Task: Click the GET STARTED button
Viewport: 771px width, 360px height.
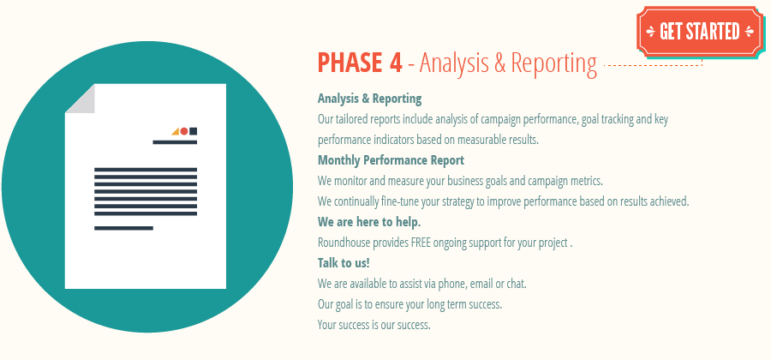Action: click(x=699, y=32)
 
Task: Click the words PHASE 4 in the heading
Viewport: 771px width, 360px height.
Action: click(x=359, y=63)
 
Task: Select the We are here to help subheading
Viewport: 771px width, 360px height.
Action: click(x=369, y=222)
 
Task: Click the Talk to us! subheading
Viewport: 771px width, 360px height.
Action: click(x=344, y=263)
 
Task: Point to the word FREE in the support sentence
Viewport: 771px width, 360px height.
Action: click(x=421, y=243)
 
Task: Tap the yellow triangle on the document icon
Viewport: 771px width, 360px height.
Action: click(x=176, y=131)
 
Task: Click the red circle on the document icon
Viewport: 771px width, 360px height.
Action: click(x=184, y=131)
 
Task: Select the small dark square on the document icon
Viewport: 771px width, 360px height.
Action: click(x=194, y=131)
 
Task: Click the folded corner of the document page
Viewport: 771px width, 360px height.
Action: click(x=79, y=98)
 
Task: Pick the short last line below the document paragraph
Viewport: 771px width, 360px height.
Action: click(x=123, y=228)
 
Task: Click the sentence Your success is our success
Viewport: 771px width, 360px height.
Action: click(x=374, y=325)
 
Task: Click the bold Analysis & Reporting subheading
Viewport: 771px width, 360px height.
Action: click(x=369, y=99)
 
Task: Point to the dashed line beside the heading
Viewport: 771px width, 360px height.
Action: click(x=651, y=64)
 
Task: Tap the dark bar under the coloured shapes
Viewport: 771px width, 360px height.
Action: click(x=175, y=142)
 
